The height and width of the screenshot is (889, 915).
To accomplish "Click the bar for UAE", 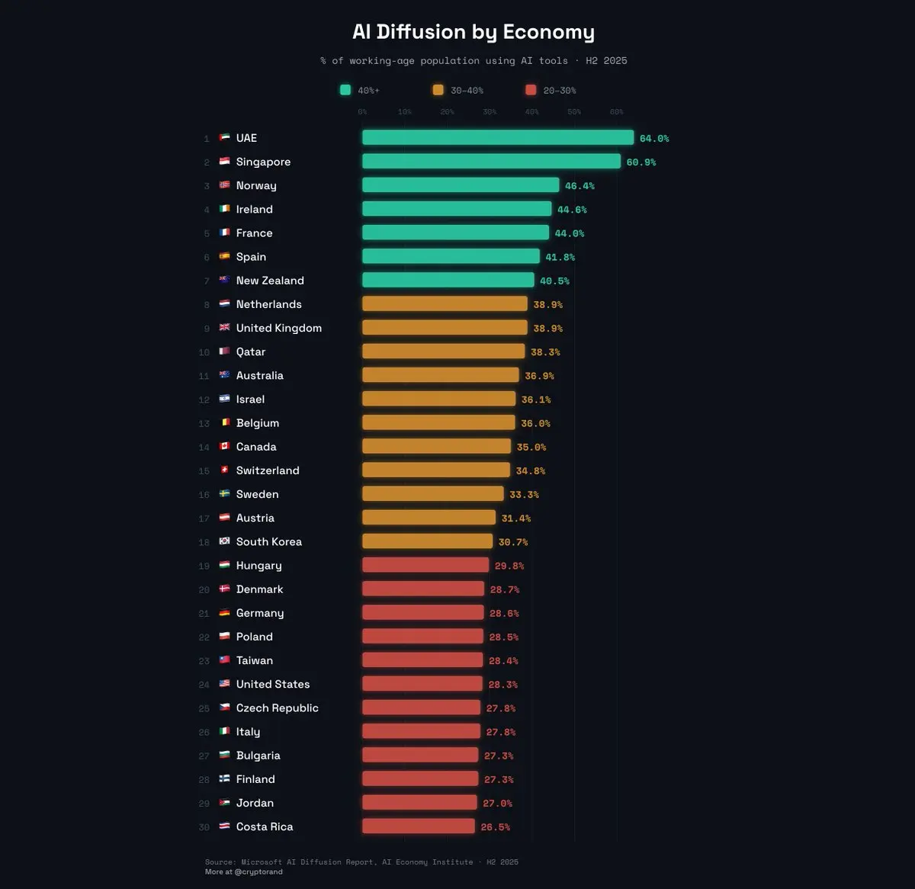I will point(497,138).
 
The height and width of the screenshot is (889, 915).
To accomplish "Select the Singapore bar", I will point(491,162).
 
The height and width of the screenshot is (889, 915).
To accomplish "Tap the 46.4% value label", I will point(579,186).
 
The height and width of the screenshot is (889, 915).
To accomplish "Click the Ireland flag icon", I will point(225,209).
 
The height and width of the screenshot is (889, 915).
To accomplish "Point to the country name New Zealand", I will point(270,281).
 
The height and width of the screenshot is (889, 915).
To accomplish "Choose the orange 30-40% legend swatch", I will point(438,90).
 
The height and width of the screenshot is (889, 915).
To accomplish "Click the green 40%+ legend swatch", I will point(345,90).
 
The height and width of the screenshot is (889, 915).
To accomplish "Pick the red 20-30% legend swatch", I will point(531,90).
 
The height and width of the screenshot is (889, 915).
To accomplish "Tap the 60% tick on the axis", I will point(616,112).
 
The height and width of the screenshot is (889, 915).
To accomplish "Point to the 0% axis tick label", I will point(362,112).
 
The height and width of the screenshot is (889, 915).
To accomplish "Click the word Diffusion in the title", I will point(420,32).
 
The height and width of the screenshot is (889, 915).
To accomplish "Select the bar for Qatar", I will point(443,351).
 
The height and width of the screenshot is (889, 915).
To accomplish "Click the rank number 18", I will point(204,542).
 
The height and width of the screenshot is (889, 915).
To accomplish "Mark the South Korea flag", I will point(225,541).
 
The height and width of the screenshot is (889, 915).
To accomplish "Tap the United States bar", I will point(422,684).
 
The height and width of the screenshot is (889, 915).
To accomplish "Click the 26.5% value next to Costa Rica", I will point(496,827).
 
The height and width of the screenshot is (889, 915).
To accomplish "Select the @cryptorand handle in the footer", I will point(258,871).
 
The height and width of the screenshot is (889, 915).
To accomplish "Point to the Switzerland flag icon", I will point(225,470).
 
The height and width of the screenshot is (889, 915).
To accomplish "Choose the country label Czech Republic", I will point(278,708).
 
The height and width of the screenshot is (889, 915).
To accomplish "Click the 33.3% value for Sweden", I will point(524,495).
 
